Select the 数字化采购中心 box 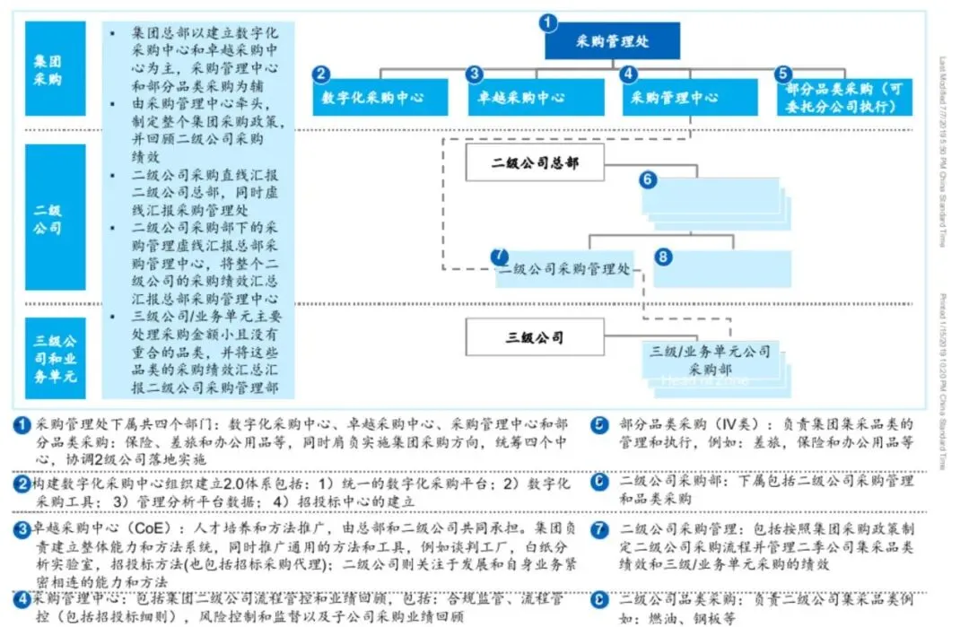click(380, 97)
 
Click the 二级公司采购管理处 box click(564, 269)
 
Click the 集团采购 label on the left click(56, 69)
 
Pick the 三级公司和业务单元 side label click(56, 359)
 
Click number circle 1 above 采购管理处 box click(550, 22)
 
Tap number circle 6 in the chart click(649, 179)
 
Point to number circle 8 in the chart click(663, 257)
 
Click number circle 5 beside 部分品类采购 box click(783, 74)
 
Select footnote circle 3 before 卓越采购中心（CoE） click(22, 528)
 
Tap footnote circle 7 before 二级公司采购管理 click(601, 528)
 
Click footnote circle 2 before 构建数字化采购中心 click(22, 483)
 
